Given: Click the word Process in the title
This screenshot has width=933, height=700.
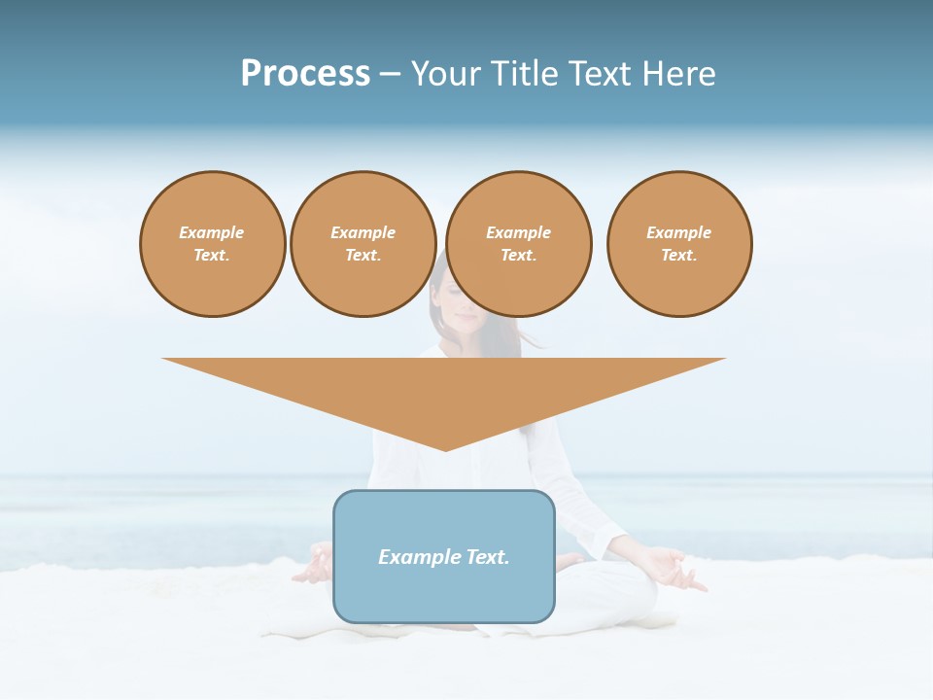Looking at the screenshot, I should pyautogui.click(x=305, y=74).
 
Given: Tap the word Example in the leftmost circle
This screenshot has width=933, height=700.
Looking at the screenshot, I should pyautogui.click(x=212, y=232).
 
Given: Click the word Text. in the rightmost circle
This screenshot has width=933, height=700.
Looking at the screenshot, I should pyautogui.click(x=679, y=255).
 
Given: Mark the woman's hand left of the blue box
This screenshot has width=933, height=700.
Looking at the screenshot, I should pyautogui.click(x=313, y=567).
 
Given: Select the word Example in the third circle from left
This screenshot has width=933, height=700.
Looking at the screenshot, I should pyautogui.click(x=519, y=232).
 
